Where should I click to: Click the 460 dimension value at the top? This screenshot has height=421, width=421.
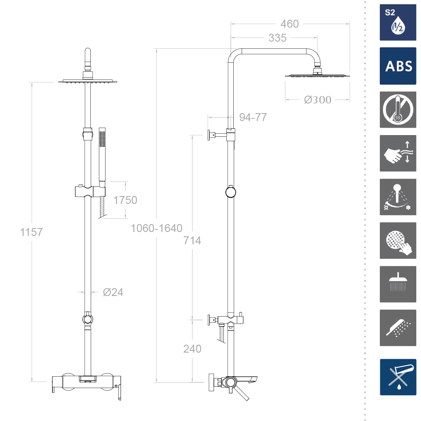[x=289, y=24]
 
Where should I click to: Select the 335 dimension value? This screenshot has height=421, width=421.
[x=277, y=38]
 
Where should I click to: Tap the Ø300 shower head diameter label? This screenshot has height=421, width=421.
[x=318, y=100]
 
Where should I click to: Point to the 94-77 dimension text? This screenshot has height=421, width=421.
[x=253, y=117]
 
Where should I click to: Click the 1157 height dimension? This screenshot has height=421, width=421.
[x=32, y=232]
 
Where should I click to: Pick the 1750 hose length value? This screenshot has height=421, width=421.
[x=125, y=200]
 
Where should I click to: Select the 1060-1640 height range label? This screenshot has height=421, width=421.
[x=157, y=228]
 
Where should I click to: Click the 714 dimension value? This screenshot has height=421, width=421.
[x=192, y=240]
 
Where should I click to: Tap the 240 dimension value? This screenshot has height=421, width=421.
[x=192, y=349]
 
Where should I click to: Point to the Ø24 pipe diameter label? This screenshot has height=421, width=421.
[x=113, y=292]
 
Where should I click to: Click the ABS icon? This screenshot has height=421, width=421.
[x=398, y=66]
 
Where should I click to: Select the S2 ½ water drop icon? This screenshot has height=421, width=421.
[x=398, y=22]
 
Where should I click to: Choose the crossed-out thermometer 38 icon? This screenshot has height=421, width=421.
[x=398, y=110]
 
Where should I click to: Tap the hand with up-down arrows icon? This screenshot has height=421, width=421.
[x=398, y=153]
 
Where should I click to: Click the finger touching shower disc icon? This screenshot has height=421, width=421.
[x=398, y=241]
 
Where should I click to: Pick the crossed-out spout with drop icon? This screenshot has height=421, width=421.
[x=398, y=377]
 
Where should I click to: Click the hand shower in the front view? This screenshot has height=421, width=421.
[x=102, y=157]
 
